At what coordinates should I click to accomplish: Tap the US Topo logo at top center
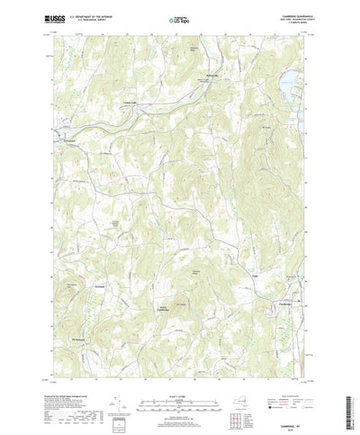[180, 18]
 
